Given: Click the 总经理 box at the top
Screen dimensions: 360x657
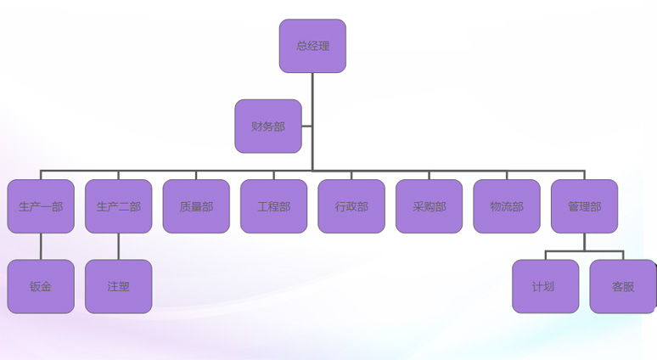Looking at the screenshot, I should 312,46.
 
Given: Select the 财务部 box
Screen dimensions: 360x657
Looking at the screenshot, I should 268,127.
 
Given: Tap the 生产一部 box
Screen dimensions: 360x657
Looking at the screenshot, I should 41,206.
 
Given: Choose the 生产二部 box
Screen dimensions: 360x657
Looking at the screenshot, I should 119,206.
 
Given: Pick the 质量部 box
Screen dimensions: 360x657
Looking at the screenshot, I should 196,206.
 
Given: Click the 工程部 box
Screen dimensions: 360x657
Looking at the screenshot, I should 273,206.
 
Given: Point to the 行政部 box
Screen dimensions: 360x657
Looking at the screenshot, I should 351,206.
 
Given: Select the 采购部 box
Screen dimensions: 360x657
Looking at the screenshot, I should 429,206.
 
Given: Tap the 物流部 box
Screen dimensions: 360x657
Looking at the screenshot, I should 507,206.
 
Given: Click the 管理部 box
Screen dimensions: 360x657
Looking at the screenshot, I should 584,206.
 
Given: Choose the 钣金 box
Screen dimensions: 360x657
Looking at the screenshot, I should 41,287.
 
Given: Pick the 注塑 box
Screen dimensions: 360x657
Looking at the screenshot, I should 119,287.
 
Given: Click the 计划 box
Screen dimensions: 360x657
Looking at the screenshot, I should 545,287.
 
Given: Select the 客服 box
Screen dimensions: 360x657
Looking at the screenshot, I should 623,287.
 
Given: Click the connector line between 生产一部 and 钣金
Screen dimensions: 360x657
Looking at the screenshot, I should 41,246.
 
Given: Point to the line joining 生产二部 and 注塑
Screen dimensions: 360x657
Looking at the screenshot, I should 119,246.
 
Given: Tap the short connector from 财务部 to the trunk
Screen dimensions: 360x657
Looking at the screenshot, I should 306,127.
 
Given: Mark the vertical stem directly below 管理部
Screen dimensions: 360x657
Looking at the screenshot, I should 584,242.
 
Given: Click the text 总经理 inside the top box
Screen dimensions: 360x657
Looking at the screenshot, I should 312,46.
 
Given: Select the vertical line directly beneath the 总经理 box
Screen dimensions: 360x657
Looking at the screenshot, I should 312,93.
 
